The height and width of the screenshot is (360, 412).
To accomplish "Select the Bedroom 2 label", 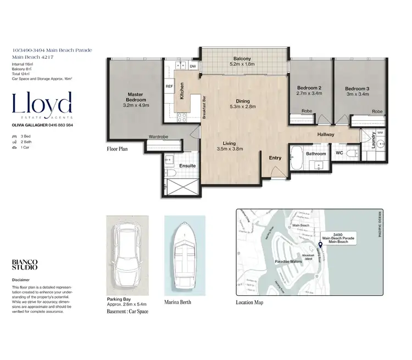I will click(309, 88).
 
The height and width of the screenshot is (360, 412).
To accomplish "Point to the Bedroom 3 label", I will click(357, 88).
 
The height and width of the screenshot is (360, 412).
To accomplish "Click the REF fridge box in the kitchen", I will click(169, 86).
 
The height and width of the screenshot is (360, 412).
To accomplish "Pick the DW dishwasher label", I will click(193, 66).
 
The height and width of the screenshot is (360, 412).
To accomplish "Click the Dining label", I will click(242, 101).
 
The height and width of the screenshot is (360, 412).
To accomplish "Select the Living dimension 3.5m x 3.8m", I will click(230, 148).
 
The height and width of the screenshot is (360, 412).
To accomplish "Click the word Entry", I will click(275, 158).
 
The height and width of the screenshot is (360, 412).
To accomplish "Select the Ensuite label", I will click(187, 165).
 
